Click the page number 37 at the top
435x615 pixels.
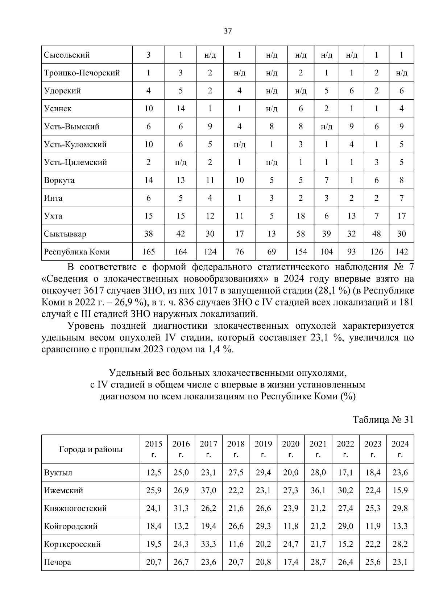click(228, 31)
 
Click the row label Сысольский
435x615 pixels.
click(67, 55)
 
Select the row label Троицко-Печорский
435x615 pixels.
click(82, 73)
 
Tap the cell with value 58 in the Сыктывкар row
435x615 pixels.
click(301, 234)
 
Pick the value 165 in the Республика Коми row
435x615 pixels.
click(149, 252)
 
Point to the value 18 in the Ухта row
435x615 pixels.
click(301, 216)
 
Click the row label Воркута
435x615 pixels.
click(59, 180)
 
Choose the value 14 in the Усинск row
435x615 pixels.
click(181, 109)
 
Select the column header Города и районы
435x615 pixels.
click(91, 449)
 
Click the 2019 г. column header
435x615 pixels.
click(263, 449)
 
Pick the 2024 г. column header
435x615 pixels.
click(400, 449)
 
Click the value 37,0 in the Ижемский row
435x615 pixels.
click(208, 491)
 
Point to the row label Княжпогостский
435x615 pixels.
click(75, 508)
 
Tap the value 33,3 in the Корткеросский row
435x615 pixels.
click(208, 544)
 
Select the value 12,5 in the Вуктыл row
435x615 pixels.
click(154, 473)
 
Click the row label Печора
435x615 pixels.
click(57, 562)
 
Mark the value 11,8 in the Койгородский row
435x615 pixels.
click(290, 526)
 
